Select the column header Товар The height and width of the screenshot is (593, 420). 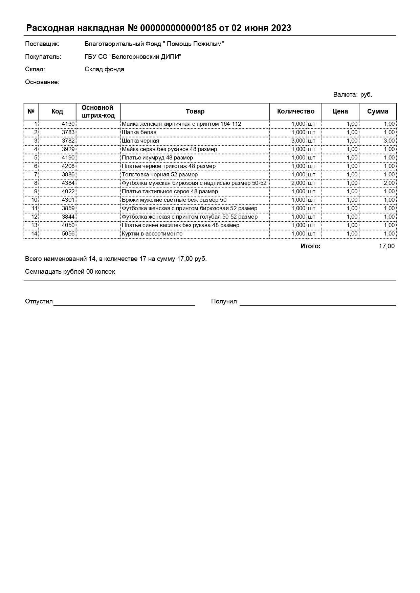pyautogui.click(x=195, y=112)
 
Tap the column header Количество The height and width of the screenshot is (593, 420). pyautogui.click(x=295, y=112)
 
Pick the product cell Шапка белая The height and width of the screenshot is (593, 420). pyautogui.click(x=139, y=132)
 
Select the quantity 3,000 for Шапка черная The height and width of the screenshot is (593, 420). pyautogui.click(x=298, y=141)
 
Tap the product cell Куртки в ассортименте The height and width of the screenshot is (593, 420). pyautogui.click(x=152, y=234)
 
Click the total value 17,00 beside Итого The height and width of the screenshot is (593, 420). pyautogui.click(x=386, y=246)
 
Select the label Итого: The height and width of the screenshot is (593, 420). pyautogui.click(x=310, y=246)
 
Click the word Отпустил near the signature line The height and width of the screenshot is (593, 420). pyautogui.click(x=39, y=301)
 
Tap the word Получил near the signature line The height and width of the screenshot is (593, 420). pyautogui.click(x=224, y=301)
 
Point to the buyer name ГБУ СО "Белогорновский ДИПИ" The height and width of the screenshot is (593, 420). pyautogui.click(x=133, y=57)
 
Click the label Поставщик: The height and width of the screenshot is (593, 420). pyautogui.click(x=42, y=44)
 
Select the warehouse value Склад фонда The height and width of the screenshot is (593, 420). pyautogui.click(x=104, y=69)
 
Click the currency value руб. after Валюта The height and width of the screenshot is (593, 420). pyautogui.click(x=366, y=95)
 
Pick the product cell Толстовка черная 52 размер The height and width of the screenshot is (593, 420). pyautogui.click(x=160, y=175)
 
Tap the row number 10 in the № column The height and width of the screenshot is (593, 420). pyautogui.click(x=34, y=200)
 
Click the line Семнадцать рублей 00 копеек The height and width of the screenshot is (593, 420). pyautogui.click(x=70, y=272)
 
